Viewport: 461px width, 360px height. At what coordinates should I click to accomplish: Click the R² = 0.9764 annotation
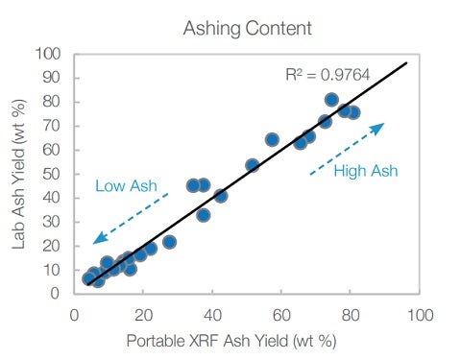[x=328, y=73]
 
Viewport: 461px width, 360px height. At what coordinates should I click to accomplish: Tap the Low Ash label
[x=125, y=185]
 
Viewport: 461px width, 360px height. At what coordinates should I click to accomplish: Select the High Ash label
[x=365, y=171]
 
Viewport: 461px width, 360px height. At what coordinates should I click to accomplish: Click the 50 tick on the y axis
[x=55, y=174]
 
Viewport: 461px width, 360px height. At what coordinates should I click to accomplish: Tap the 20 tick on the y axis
[x=55, y=246]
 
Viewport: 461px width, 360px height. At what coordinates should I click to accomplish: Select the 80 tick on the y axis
[x=55, y=102]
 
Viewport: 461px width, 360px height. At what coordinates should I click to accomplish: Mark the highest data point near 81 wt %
[x=332, y=100]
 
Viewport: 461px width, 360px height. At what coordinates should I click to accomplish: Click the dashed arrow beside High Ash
[x=348, y=147]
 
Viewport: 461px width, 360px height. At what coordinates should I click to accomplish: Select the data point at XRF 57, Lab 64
[x=272, y=140]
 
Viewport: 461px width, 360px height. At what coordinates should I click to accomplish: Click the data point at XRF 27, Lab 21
[x=169, y=242]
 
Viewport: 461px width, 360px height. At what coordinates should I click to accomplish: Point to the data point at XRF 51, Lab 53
[x=253, y=165]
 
